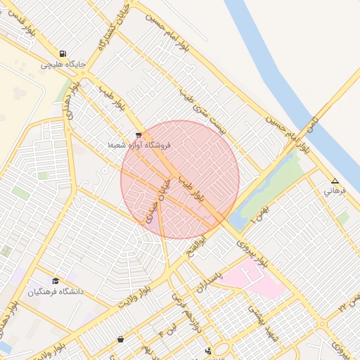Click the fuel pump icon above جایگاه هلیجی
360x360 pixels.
[x=63, y=54]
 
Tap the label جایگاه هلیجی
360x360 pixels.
[x=63, y=65]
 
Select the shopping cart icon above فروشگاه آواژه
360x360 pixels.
[x=139, y=134]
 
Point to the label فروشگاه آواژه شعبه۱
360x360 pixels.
[x=139, y=144]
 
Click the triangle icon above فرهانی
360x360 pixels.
[x=335, y=181]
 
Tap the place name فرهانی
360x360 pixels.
[x=334, y=191]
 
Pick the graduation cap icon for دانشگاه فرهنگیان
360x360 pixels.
[x=56, y=281]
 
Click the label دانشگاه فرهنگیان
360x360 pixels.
[x=56, y=291]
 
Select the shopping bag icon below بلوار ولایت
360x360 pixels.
[x=122, y=340]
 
